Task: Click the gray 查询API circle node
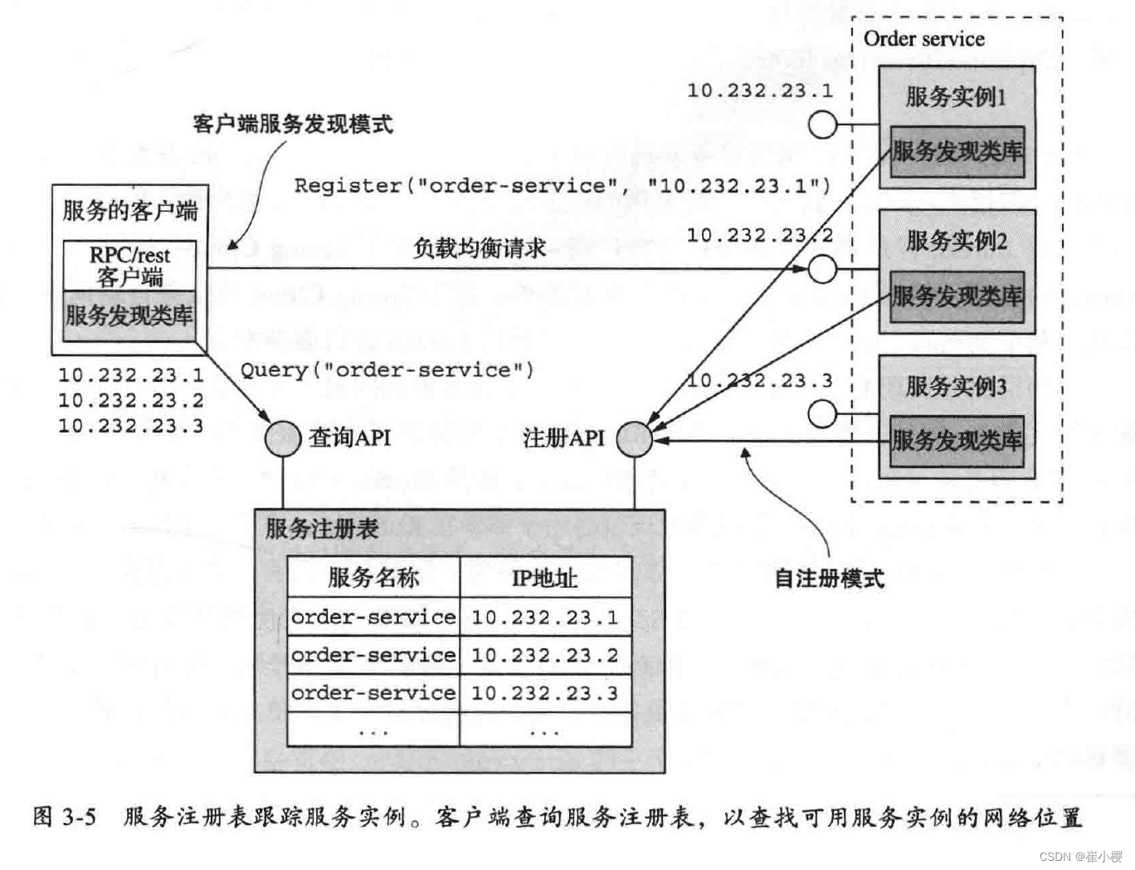[x=283, y=437]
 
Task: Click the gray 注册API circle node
[x=635, y=438]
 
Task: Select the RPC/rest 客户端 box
[x=130, y=266]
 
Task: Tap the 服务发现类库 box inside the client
[x=129, y=315]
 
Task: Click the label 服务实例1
[x=956, y=96]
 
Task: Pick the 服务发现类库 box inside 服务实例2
[x=957, y=296]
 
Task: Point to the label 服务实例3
[x=956, y=386]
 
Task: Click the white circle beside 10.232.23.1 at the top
[x=822, y=125]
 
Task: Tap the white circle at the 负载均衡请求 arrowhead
[x=822, y=269]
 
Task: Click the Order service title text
[x=923, y=39]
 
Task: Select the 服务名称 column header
[x=373, y=577]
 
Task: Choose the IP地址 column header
[x=544, y=578]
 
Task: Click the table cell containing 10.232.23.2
[x=545, y=655]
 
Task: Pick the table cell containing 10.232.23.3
[x=545, y=693]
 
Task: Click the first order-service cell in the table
[x=373, y=617]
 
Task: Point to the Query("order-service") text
[x=387, y=369]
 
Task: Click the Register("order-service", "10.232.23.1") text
[x=562, y=185]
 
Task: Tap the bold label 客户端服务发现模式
[x=292, y=125]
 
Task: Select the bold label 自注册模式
[x=829, y=579]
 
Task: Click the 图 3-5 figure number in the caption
[x=65, y=817]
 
